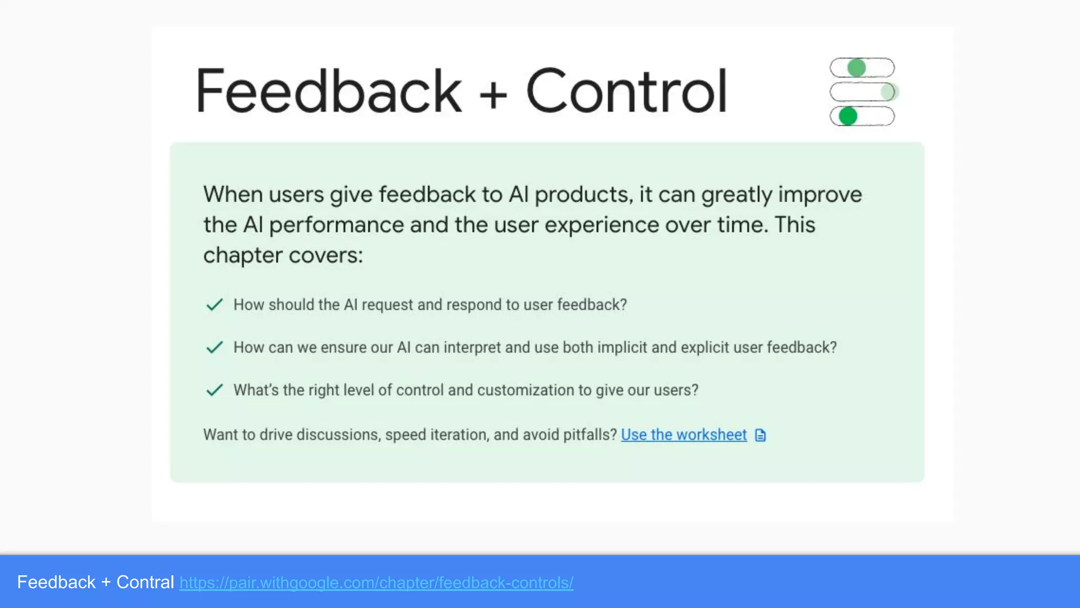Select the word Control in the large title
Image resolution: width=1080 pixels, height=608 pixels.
tap(626, 91)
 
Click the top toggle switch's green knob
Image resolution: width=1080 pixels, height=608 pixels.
tap(856, 68)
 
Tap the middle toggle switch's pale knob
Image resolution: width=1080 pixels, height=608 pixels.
tap(889, 92)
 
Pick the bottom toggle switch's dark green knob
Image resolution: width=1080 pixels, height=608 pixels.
tap(848, 116)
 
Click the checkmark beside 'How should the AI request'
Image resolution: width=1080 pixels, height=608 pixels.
tap(214, 305)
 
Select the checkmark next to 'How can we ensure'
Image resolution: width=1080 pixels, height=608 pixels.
tap(214, 347)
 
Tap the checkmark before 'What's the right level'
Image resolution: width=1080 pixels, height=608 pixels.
tap(214, 390)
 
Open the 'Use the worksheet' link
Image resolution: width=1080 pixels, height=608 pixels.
tap(683, 434)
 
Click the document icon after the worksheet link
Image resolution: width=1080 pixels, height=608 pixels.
tap(760, 435)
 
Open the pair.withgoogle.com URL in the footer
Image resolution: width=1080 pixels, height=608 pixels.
tap(376, 583)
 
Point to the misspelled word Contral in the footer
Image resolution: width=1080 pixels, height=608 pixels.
tap(145, 582)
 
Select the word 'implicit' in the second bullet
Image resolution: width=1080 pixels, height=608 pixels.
tap(620, 347)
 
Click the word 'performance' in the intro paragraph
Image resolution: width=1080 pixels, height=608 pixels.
tap(336, 225)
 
